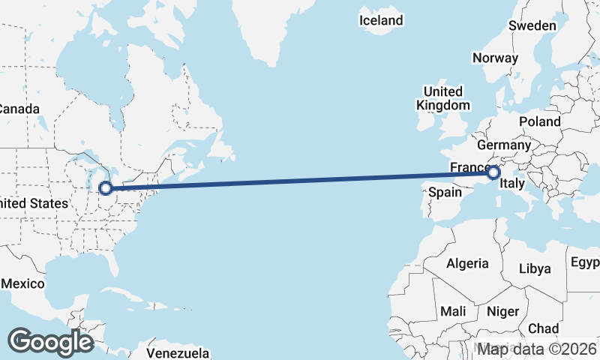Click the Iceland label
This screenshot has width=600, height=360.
pyautogui.click(x=381, y=20)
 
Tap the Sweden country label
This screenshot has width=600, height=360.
pyautogui.click(x=532, y=25)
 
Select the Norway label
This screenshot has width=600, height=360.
pyautogui.click(x=495, y=58)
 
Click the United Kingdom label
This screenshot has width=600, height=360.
pyautogui.click(x=443, y=98)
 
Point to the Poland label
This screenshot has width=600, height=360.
pyautogui.click(x=539, y=121)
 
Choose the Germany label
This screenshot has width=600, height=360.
pyautogui.click(x=504, y=145)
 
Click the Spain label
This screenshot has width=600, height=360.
pyautogui.click(x=444, y=192)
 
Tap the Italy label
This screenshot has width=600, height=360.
pyautogui.click(x=512, y=184)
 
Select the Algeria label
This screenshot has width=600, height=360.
pyautogui.click(x=467, y=263)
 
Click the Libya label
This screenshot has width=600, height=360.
pyautogui.click(x=535, y=268)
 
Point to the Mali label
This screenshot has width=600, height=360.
pyautogui.click(x=453, y=310)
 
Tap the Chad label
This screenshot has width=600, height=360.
pyautogui.click(x=543, y=328)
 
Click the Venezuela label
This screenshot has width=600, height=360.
pyautogui.click(x=177, y=352)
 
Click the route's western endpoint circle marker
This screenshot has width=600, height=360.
pyautogui.click(x=106, y=187)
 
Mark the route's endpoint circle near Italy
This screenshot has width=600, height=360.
pyautogui.click(x=493, y=172)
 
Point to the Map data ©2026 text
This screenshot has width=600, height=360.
pyautogui.click(x=538, y=349)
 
